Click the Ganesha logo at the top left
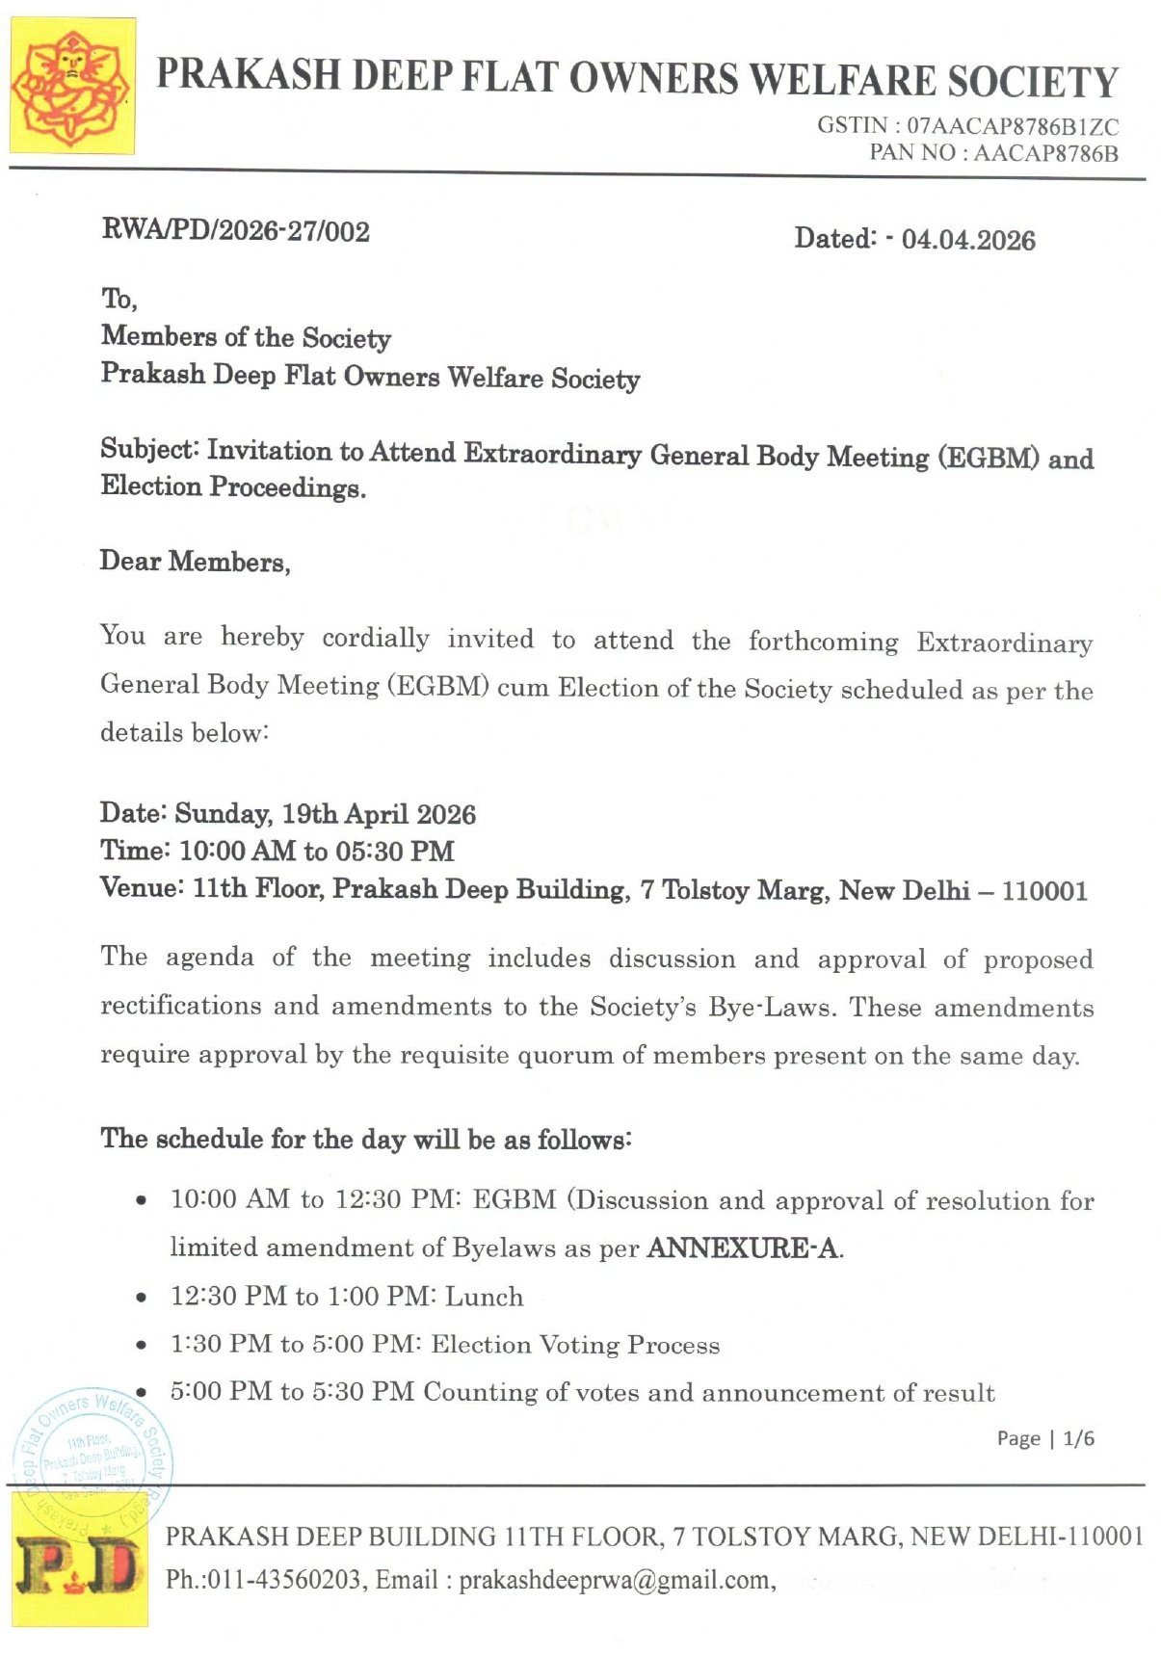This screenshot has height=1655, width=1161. [71, 86]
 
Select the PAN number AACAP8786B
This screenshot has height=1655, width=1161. [1046, 153]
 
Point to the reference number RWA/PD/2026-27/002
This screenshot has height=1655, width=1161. [236, 231]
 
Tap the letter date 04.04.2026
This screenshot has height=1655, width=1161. [968, 240]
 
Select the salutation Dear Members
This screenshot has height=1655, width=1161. [195, 562]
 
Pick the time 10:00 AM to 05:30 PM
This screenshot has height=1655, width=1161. [317, 852]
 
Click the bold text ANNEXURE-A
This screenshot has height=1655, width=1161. [742, 1248]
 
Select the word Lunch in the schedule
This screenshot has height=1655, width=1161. [485, 1297]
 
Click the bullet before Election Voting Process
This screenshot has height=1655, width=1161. [142, 1346]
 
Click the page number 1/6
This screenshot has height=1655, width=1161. [1078, 1438]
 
